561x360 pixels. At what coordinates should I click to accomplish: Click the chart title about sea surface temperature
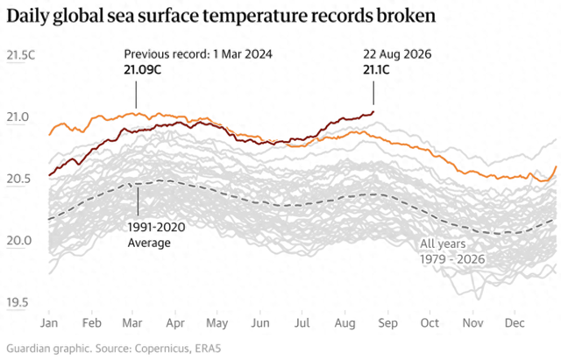(221, 16)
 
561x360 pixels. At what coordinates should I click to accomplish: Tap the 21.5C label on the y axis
(21, 55)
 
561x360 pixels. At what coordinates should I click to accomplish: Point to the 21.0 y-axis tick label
(18, 116)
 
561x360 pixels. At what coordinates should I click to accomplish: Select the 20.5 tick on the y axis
(18, 179)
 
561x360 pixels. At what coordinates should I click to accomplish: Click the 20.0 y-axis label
(18, 241)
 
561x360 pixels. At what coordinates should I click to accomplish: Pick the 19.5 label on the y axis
(18, 302)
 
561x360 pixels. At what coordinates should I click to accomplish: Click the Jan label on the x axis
(49, 323)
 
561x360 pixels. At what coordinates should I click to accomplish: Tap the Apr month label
(175, 323)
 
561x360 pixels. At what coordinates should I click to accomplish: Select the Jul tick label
(302, 323)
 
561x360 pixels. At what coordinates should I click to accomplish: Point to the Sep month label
(387, 323)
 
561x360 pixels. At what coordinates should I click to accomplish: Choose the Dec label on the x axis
(515, 323)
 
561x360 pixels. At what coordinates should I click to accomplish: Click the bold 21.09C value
(142, 70)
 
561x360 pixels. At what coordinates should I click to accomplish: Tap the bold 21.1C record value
(376, 70)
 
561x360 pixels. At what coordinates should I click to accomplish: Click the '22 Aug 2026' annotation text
(397, 54)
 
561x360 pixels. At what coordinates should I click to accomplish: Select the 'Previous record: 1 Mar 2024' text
(198, 54)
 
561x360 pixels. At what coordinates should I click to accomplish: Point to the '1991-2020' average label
(156, 227)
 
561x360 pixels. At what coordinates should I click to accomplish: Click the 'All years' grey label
(443, 244)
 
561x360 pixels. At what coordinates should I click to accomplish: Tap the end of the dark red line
(373, 112)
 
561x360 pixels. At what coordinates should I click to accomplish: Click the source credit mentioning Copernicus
(114, 349)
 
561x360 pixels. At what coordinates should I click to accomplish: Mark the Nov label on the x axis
(473, 323)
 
